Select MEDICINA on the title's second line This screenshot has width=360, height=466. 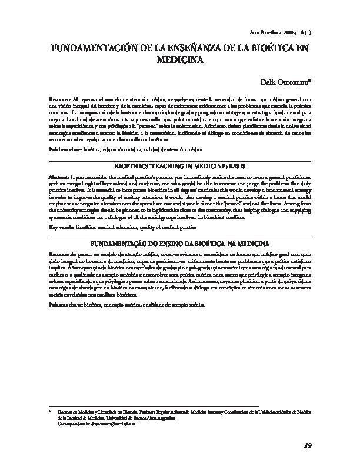tap(181, 59)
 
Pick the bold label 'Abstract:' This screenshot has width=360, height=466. tap(59, 177)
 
